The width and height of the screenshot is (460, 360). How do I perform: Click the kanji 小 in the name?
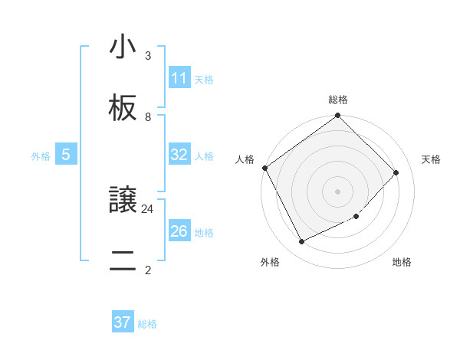pyautogui.click(x=123, y=47)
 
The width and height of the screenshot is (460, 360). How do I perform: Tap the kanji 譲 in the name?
pyautogui.click(x=123, y=201)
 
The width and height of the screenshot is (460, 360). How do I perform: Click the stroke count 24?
pyautogui.click(x=148, y=208)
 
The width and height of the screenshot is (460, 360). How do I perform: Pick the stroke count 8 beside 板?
pyautogui.click(x=148, y=117)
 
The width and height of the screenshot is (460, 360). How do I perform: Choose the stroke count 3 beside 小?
pyautogui.click(x=148, y=55)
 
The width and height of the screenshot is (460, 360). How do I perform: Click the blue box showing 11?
pyautogui.click(x=179, y=78)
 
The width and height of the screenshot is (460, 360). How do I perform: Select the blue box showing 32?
pyautogui.click(x=179, y=155)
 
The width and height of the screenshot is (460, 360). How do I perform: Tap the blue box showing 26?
pyautogui.click(x=179, y=231)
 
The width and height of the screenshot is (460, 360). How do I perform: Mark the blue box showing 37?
pyautogui.click(x=123, y=322)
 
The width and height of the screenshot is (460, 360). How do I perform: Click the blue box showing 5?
pyautogui.click(x=66, y=155)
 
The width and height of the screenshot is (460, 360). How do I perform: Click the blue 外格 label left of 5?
pyautogui.click(x=41, y=156)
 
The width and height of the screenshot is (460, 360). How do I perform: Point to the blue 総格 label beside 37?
pyautogui.click(x=147, y=324)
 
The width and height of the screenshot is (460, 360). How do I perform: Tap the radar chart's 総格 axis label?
pyautogui.click(x=338, y=100)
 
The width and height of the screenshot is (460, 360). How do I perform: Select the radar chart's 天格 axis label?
pyautogui.click(x=431, y=159)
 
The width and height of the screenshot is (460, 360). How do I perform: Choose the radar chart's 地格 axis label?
pyautogui.click(x=402, y=262)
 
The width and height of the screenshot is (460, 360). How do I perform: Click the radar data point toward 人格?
pyautogui.click(x=264, y=168)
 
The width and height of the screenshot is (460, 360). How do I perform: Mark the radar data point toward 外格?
pyautogui.click(x=301, y=242)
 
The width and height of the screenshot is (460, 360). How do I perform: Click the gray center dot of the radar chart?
pyautogui.click(x=338, y=191)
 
